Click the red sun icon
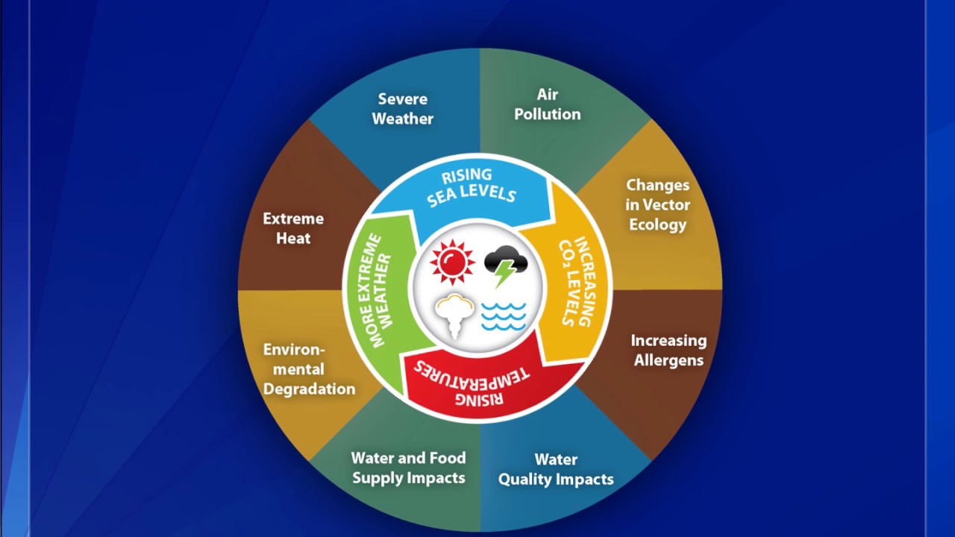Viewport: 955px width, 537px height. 452,263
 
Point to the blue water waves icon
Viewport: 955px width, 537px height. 504,316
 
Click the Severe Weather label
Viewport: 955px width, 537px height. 403,109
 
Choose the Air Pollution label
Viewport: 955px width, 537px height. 548,104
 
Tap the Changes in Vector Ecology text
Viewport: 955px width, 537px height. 658,204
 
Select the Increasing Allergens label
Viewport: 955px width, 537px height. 668,350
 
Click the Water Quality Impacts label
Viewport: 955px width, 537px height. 556,469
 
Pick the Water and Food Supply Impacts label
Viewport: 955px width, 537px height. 409,468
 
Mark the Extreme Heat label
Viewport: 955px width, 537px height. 293,228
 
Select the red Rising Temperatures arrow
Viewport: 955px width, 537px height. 477,380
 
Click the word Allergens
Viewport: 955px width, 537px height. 668,360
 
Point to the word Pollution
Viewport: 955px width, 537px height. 548,114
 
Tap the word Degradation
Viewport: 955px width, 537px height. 309,389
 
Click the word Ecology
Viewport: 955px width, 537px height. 658,224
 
